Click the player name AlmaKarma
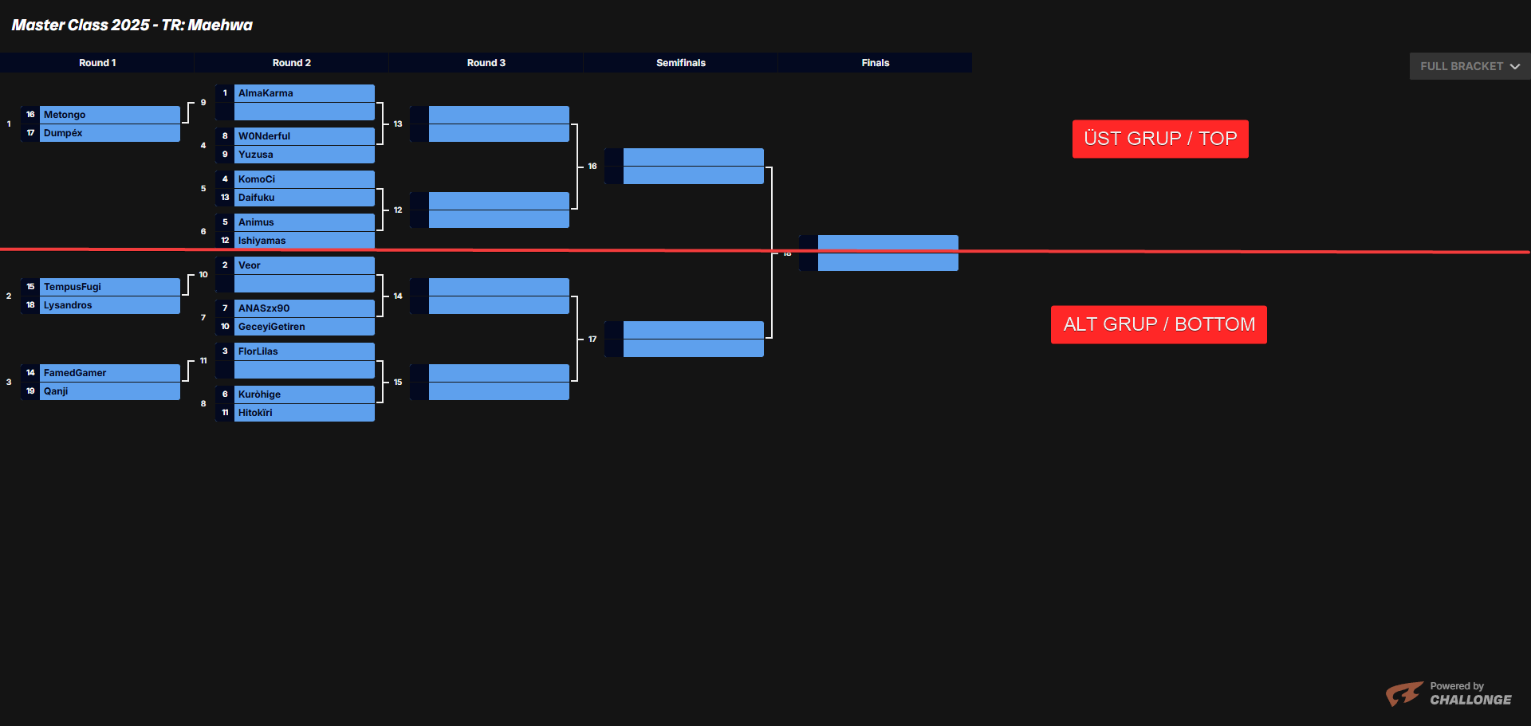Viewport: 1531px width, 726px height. (x=266, y=93)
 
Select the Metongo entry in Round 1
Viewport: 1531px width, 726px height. (x=65, y=115)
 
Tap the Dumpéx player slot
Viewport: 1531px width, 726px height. (x=63, y=133)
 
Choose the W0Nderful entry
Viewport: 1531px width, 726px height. (x=264, y=136)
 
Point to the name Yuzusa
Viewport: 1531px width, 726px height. (x=255, y=155)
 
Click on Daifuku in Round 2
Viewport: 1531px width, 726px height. (x=256, y=198)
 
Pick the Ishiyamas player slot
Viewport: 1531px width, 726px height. (x=262, y=241)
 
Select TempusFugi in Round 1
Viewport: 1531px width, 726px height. (x=73, y=287)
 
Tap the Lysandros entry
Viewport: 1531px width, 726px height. (x=68, y=305)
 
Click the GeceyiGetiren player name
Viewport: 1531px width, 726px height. (x=271, y=327)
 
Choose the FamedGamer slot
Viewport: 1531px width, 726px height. (x=75, y=373)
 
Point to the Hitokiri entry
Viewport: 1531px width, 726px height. (x=255, y=413)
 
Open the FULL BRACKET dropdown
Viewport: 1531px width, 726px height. (x=1469, y=66)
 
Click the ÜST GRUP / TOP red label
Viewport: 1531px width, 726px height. (x=1159, y=139)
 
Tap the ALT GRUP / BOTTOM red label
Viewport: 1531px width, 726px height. (x=1159, y=324)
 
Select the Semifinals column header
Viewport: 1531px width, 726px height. (x=680, y=63)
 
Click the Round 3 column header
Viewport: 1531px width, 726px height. (x=486, y=63)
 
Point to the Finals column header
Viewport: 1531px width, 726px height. (x=875, y=63)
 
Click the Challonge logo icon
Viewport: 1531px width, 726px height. (x=1403, y=693)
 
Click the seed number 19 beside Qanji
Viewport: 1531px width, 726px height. (x=30, y=391)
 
